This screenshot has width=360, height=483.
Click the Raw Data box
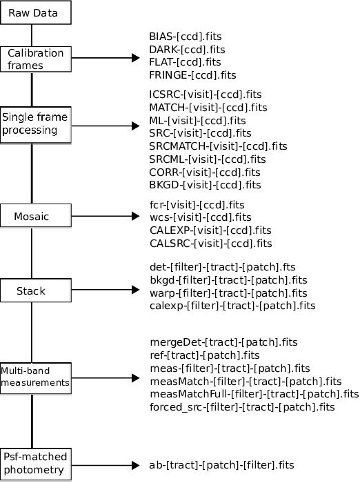pos(36,12)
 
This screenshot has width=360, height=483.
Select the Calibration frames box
pos(36,59)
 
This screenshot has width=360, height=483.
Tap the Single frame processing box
pos(36,125)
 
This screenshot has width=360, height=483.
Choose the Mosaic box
pos(36,215)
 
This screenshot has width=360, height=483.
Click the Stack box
pos(36,290)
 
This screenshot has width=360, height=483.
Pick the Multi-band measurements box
pos(36,378)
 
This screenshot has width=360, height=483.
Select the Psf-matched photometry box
pos(36,464)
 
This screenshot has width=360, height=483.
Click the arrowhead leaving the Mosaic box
pos(135,216)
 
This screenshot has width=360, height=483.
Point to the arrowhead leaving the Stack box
pos(135,290)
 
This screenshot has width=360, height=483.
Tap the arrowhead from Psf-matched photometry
pos(135,465)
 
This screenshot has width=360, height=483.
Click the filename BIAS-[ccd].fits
pos(186,37)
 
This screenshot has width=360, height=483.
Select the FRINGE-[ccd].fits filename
pos(192,75)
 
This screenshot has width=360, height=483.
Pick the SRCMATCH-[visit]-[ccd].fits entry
pos(218,146)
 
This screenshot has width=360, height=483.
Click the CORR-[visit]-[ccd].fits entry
pos(205,172)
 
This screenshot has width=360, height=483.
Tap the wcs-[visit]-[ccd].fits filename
pos(201,217)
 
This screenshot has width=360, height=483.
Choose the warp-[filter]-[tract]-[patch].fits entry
pos(228,293)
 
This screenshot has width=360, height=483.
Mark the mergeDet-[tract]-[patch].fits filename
pos(224,342)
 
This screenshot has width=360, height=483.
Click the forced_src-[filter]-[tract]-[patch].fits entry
pos(242,407)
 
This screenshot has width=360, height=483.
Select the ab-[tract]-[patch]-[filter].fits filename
pos(222,465)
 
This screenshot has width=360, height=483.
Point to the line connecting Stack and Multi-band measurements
pos(32,333)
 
